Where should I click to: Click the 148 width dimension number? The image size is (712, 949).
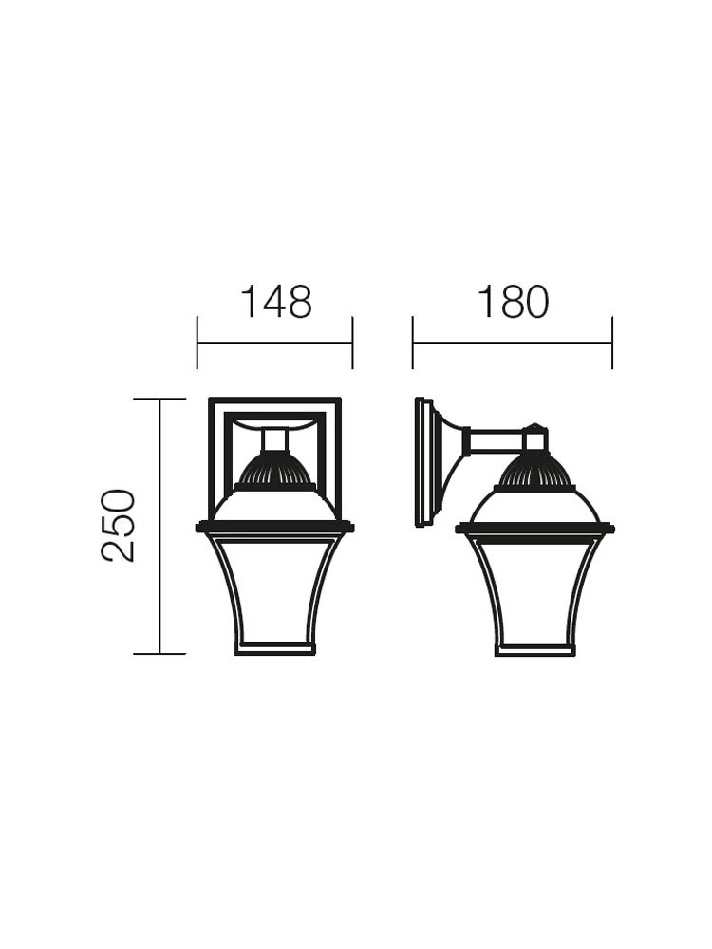pyautogui.click(x=276, y=302)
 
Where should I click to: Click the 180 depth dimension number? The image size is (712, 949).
pyautogui.click(x=514, y=302)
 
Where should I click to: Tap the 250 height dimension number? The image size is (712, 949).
pyautogui.click(x=119, y=526)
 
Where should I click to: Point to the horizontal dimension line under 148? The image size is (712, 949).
pyautogui.click(x=275, y=344)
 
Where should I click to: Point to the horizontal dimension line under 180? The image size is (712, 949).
pyautogui.click(x=513, y=344)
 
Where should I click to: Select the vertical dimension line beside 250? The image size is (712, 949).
pyautogui.click(x=159, y=526)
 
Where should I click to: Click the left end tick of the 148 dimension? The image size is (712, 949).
pyautogui.click(x=197, y=343)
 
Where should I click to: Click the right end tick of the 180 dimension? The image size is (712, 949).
pyautogui.click(x=612, y=343)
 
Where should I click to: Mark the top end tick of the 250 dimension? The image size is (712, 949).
pyautogui.click(x=159, y=399)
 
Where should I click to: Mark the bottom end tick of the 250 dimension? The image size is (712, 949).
pyautogui.click(x=159, y=654)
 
